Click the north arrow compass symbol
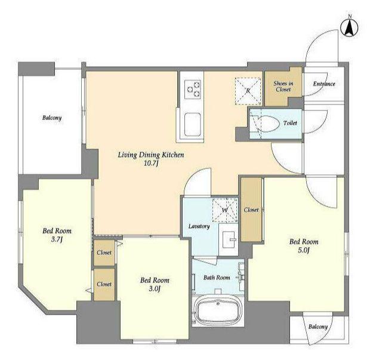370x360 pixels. click(x=350, y=26)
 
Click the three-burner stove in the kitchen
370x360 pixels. click(x=193, y=90)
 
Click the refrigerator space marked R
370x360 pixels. click(x=248, y=91)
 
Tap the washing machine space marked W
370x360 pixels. click(x=225, y=210)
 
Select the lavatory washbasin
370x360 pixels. click(x=228, y=239)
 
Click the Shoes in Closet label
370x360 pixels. click(x=283, y=87)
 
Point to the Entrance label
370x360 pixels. click(x=324, y=84)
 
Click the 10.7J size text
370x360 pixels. click(x=151, y=163)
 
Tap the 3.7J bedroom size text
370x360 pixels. click(x=57, y=239)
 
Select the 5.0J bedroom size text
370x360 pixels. click(x=304, y=250)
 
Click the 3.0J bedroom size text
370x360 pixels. click(x=155, y=289)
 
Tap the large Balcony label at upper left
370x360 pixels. click(x=52, y=118)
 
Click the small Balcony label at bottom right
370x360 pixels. click(x=318, y=327)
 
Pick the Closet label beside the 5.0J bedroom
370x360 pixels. click(x=251, y=210)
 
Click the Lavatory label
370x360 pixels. click(x=199, y=226)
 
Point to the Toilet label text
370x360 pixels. click(x=290, y=123)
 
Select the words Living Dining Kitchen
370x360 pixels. click(x=151, y=155)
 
